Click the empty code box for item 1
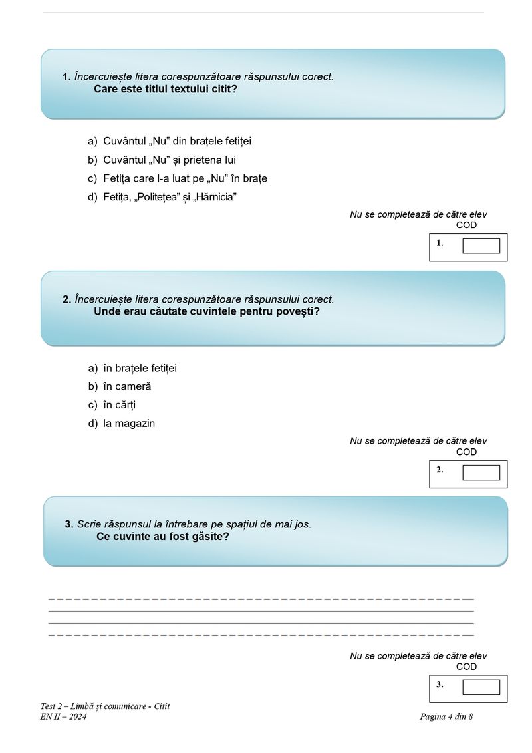coord(481,246)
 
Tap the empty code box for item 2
coord(481,472)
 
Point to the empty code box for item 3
coord(481,687)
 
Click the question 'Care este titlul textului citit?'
coord(166,88)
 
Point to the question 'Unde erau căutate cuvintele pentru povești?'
coord(207,311)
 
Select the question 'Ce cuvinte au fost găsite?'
coord(163,536)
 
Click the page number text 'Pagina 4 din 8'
coord(446,716)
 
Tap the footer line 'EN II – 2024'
coord(63,716)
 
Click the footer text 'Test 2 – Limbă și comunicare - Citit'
coord(105,706)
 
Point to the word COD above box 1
coord(466,225)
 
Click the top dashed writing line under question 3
coord(261,599)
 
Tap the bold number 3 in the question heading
coord(68,524)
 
